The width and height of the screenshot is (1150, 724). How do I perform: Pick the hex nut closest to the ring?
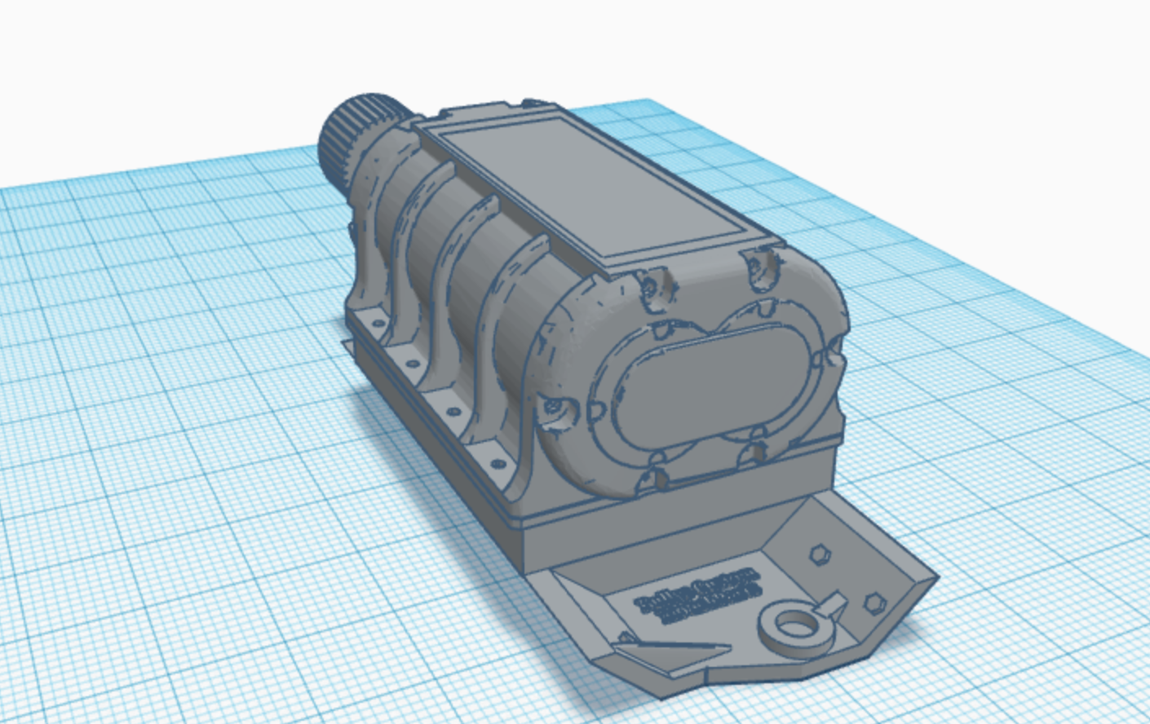[874, 603]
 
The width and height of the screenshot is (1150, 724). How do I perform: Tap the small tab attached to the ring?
[834, 604]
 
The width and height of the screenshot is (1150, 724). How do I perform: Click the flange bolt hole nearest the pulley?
[377, 323]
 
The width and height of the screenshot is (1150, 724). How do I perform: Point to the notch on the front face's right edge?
[835, 352]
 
